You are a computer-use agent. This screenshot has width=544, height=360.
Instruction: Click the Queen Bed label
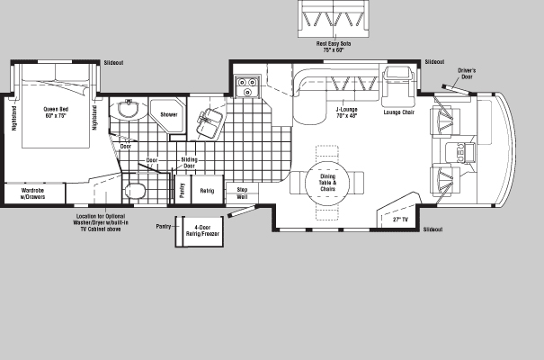point(56,112)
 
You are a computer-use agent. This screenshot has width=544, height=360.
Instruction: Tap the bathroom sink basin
point(129,109)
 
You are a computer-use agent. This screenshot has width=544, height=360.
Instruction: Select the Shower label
point(169,114)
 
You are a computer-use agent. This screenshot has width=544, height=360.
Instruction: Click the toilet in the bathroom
point(135,191)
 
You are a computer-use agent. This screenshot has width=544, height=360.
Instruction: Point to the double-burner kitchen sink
point(247,86)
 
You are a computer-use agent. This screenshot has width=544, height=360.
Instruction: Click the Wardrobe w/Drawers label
point(33,193)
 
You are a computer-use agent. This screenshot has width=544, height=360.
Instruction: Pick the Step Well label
point(242,193)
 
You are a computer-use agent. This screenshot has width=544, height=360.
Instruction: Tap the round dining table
point(327,183)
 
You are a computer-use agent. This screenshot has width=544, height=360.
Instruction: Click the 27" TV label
point(400,220)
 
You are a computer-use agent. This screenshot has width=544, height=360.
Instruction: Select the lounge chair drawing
point(398,86)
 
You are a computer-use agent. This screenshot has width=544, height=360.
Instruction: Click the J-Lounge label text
point(346,112)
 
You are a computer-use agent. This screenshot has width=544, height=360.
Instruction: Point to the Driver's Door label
point(467,74)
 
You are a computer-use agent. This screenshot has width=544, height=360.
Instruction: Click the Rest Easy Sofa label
point(334,47)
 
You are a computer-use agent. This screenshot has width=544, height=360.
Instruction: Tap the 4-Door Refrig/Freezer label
point(202,231)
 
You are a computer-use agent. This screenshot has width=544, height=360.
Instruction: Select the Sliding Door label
point(189,163)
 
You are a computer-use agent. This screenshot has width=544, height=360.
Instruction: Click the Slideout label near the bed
point(113,63)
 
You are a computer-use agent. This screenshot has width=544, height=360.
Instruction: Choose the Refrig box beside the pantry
point(207,190)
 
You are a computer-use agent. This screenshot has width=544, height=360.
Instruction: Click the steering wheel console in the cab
point(460,153)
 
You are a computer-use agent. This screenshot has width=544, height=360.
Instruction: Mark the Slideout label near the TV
point(433,229)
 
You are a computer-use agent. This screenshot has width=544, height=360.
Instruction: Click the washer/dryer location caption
point(101,222)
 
